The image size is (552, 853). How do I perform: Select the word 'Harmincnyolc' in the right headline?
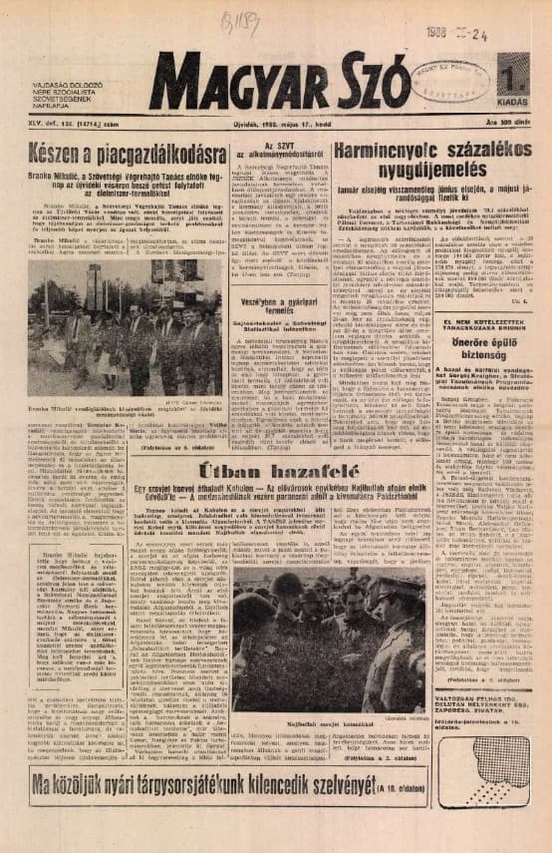[384, 152]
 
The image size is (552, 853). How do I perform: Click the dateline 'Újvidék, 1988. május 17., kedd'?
[278, 126]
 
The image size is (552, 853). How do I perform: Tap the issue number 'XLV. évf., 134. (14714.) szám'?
[67, 126]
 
